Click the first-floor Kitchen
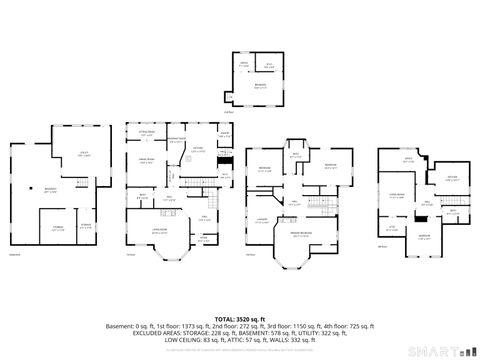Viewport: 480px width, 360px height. [x=198, y=151]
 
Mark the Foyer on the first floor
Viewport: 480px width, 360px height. [x=204, y=237]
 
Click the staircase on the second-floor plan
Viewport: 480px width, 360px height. [x=319, y=205]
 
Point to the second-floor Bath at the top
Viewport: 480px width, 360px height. [x=295, y=157]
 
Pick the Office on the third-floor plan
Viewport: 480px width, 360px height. [x=408, y=160]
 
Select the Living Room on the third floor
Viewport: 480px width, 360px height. [x=397, y=197]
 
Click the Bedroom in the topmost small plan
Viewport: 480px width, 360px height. [x=259, y=87]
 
